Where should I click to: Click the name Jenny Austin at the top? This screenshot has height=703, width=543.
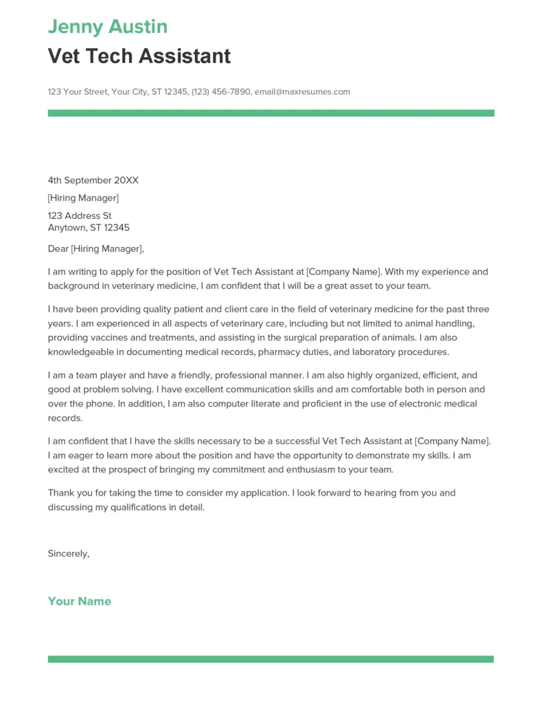pos(108,27)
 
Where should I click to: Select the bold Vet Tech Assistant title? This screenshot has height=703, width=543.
pos(139,56)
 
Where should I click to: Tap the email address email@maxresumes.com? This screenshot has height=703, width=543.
pos(302,92)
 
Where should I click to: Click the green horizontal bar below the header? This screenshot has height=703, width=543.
pos(270,113)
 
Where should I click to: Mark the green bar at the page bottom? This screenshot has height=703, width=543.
pos(270,659)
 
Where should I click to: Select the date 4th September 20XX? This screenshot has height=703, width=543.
pos(93,181)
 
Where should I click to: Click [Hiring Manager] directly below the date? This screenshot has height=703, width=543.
pos(83,198)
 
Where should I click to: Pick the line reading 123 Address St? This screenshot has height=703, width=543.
pos(80,216)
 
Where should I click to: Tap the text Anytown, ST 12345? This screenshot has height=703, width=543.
pos(89,228)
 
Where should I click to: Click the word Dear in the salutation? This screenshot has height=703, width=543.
pos(58,249)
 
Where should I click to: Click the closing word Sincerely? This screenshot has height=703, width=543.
pos(68,553)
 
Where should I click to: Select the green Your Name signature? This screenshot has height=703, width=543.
pos(79,601)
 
